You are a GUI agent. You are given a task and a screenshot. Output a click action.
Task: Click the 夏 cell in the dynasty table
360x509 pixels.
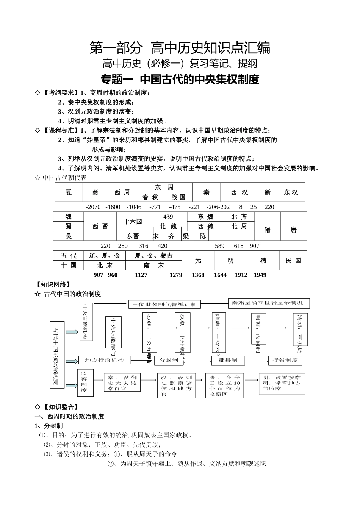[x=68, y=192]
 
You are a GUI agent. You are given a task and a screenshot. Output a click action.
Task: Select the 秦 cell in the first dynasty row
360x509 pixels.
[x=206, y=192]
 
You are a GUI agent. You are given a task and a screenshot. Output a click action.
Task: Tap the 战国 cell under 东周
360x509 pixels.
[x=178, y=197]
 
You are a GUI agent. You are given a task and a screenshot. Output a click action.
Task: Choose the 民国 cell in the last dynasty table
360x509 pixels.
[x=293, y=260]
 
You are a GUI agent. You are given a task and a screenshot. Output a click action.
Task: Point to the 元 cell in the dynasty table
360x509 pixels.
[x=198, y=261]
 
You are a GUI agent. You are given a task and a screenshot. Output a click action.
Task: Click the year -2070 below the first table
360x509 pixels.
[x=93, y=207]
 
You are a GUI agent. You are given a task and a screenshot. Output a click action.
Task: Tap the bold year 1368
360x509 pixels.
[x=198, y=275]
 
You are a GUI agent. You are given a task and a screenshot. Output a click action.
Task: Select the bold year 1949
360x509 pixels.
[x=260, y=275]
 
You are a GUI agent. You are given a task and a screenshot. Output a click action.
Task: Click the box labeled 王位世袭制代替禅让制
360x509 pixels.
[x=164, y=304]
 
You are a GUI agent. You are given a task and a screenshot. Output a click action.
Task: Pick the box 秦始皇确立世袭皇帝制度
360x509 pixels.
[x=268, y=303]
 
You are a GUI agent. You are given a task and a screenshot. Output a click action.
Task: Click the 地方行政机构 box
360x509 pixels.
[x=104, y=360]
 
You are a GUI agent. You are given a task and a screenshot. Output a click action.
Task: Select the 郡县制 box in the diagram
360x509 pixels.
[x=228, y=360]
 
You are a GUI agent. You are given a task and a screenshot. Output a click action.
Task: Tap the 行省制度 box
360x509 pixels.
[x=285, y=360]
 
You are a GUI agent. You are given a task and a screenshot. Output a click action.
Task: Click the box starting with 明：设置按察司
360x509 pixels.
[x=282, y=383]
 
